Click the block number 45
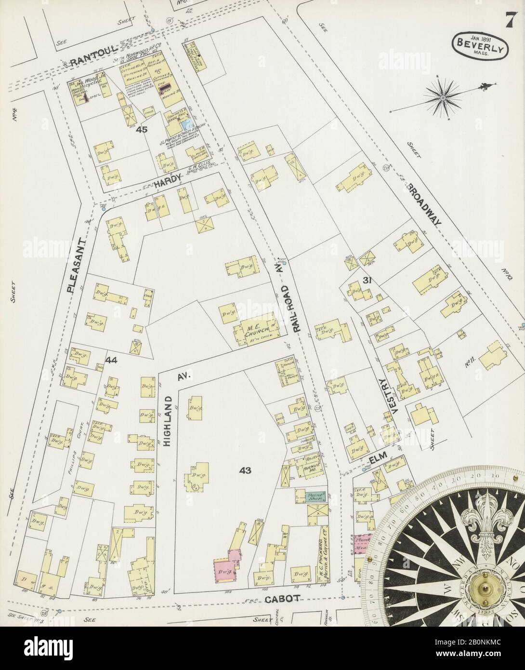coord(141,129)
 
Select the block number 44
coord(112,359)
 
